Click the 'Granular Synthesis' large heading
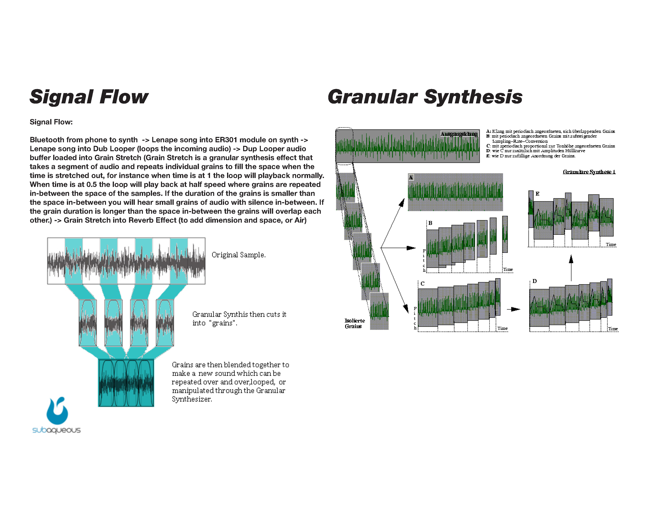coord(425,97)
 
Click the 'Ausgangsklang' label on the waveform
coord(459,134)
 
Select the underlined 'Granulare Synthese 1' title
coord(589,172)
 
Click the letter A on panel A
coord(411,177)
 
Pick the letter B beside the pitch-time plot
coord(430,223)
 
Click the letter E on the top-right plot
coord(537,194)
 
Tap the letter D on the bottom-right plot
coord(535,281)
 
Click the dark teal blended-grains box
coord(126,383)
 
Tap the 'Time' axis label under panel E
coord(611,245)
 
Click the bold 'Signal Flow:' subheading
coord(51,122)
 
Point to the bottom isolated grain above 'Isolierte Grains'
coord(379,311)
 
